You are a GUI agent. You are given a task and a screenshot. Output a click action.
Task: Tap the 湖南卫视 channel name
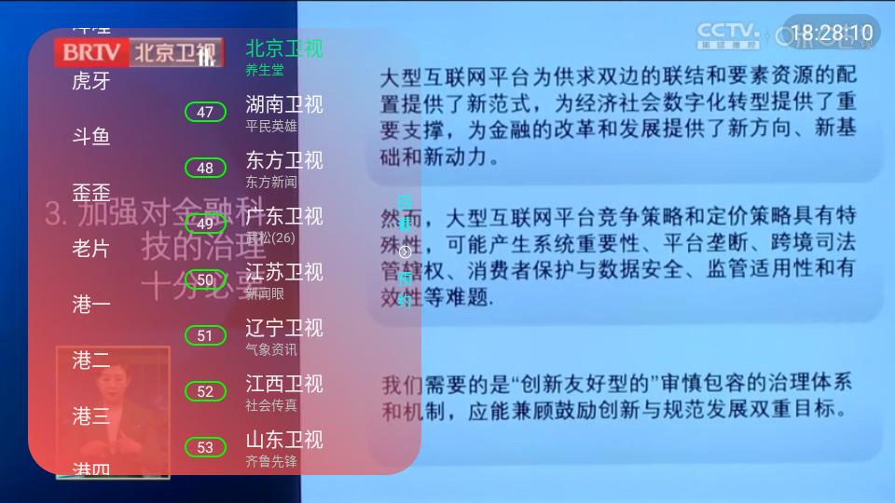283,103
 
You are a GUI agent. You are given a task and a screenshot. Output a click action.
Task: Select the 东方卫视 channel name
283,159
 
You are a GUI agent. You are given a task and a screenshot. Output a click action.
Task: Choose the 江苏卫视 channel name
283,271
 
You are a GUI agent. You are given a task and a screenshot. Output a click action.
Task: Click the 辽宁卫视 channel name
283,327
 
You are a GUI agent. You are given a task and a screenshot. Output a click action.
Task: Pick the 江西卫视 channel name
283,383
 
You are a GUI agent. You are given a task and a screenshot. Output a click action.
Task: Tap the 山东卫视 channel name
283,439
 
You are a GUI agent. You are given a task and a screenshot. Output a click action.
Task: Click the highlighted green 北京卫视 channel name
283,48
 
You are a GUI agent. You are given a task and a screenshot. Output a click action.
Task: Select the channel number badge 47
205,113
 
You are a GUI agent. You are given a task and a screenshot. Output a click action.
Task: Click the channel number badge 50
205,280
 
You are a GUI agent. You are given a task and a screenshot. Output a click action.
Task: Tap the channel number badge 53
205,448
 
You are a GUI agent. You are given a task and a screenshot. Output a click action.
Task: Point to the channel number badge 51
205,336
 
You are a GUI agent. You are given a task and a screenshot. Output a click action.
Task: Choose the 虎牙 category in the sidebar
91,81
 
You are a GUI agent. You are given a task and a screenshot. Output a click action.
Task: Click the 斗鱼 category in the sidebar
91,137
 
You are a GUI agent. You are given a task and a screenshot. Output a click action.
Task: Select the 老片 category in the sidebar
91,249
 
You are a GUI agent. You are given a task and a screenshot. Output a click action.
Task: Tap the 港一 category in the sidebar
91,305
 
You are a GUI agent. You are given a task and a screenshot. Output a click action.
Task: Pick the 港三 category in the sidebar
91,416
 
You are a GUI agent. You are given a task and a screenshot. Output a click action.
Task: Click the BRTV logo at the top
91,51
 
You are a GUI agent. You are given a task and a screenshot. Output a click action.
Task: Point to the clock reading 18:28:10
832,34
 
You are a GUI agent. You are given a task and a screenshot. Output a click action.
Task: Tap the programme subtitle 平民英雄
271,126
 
